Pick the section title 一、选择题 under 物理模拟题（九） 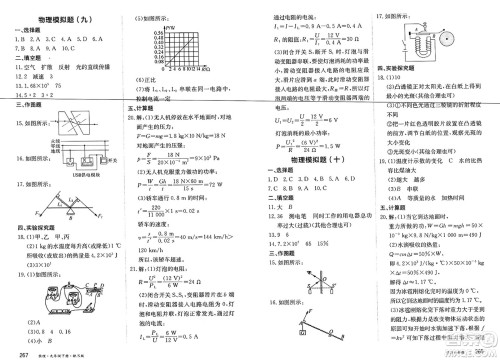[x=34, y=29]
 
